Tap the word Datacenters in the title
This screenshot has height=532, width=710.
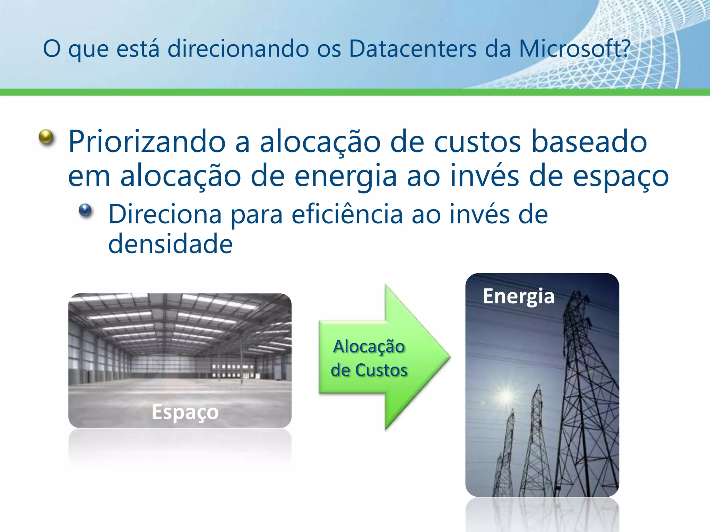tap(413, 48)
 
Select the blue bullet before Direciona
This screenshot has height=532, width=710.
tap(85, 210)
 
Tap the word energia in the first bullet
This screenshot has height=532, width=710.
tap(345, 176)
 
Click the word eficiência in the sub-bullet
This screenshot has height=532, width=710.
tap(347, 214)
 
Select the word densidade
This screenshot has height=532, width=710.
tap(170, 244)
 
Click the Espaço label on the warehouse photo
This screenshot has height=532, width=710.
tap(185, 412)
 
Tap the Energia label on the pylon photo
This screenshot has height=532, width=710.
tap(518, 296)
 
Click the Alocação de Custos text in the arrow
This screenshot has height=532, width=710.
tap(369, 358)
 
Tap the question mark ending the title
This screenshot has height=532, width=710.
tap(626, 48)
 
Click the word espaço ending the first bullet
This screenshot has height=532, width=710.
tap(620, 176)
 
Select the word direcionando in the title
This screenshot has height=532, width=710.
tap(238, 48)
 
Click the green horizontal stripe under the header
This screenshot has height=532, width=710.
tap(355, 92)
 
